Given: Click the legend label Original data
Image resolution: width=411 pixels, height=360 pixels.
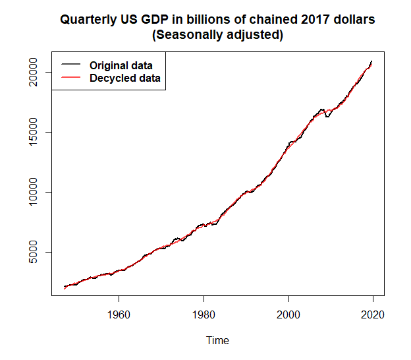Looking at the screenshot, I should point(121,65).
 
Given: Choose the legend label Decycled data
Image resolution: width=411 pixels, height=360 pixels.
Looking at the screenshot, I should point(124,78).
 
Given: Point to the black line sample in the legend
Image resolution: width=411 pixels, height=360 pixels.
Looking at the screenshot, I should point(70,65).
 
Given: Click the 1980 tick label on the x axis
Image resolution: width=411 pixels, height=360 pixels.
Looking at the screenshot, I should point(204,315).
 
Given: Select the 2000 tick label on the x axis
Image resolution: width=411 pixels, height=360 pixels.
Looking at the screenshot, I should point(288,315).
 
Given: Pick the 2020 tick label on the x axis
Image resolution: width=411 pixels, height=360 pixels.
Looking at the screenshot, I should point(373,315).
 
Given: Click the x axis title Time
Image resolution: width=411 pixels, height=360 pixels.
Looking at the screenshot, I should point(217,341).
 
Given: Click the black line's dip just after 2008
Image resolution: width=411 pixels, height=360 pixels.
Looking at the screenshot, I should point(327,116).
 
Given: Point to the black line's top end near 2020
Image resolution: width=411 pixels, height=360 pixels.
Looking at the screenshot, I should point(371,61).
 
